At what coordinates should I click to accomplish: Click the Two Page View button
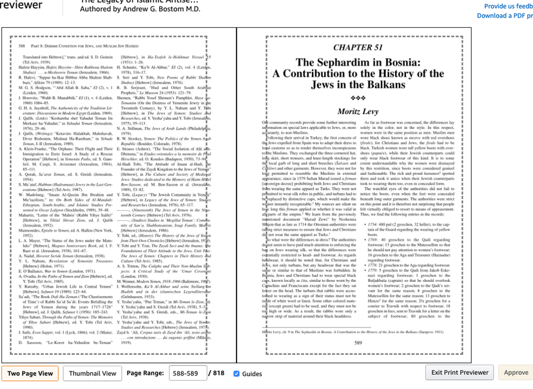30,374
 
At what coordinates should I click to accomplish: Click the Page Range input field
186,374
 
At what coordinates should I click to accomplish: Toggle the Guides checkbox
237,374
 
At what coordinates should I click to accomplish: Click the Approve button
516,373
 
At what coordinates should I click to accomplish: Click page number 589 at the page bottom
358,343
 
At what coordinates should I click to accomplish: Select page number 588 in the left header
22,46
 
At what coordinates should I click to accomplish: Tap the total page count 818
218,374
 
